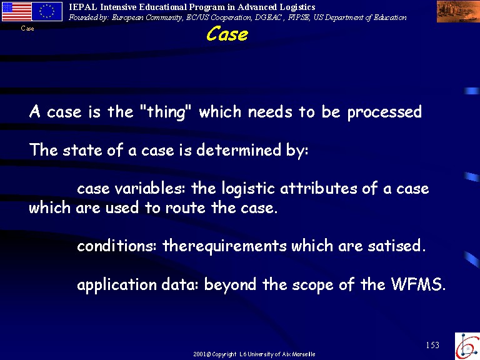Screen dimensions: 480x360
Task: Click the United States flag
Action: point(17,12)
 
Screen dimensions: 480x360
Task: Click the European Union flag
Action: point(47,12)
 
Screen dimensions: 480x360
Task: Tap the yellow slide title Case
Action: point(227,34)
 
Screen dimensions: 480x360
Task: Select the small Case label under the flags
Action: point(27,29)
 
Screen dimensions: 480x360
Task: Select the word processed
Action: point(384,112)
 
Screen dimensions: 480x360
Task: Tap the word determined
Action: point(239,150)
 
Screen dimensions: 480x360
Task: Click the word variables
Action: point(150,188)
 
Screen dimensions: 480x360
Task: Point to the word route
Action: point(185,208)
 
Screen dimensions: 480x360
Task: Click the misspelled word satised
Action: point(397,246)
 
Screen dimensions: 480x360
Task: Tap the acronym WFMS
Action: point(418,284)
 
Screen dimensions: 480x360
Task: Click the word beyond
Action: point(230,285)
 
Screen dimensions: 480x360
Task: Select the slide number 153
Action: point(432,345)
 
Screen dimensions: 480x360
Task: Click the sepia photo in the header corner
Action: point(458,12)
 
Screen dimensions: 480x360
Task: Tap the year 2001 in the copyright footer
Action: point(200,354)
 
